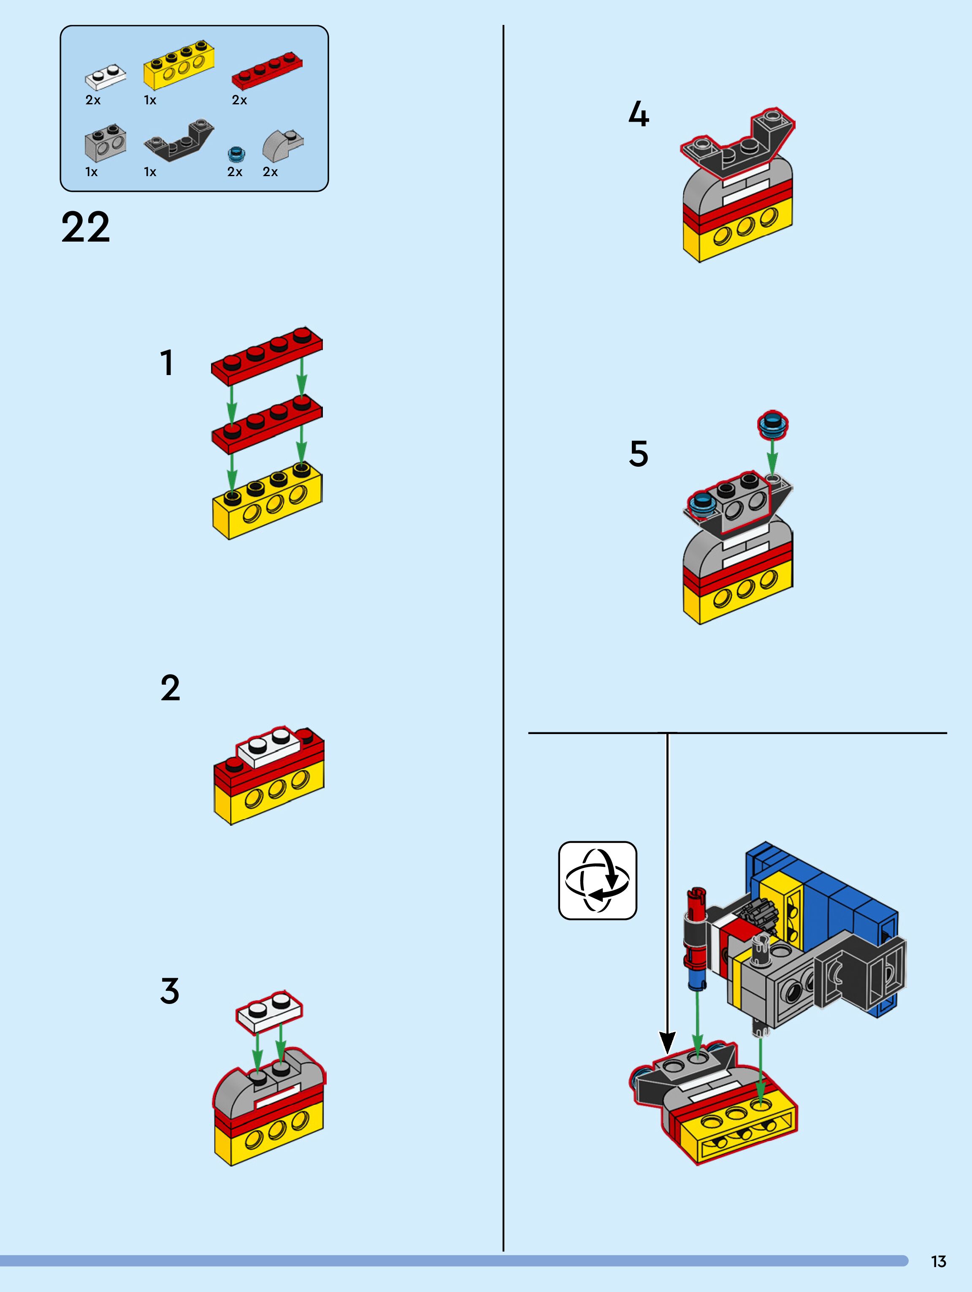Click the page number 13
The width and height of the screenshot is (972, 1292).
(938, 1261)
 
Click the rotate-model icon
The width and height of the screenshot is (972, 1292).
(597, 880)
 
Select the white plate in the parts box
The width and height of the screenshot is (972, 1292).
(106, 76)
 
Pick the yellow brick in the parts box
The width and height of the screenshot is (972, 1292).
(178, 64)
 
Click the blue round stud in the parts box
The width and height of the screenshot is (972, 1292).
(236, 154)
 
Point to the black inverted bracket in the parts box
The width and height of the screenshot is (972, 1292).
(179, 140)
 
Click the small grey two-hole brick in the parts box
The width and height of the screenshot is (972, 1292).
(105, 142)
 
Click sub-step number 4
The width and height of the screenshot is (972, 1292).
(639, 114)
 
